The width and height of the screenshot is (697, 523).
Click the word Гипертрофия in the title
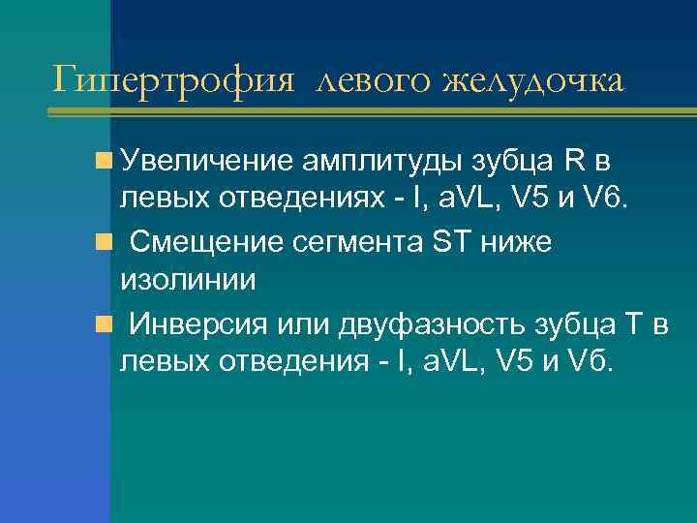(172, 78)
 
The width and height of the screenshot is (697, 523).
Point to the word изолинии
(187, 281)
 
